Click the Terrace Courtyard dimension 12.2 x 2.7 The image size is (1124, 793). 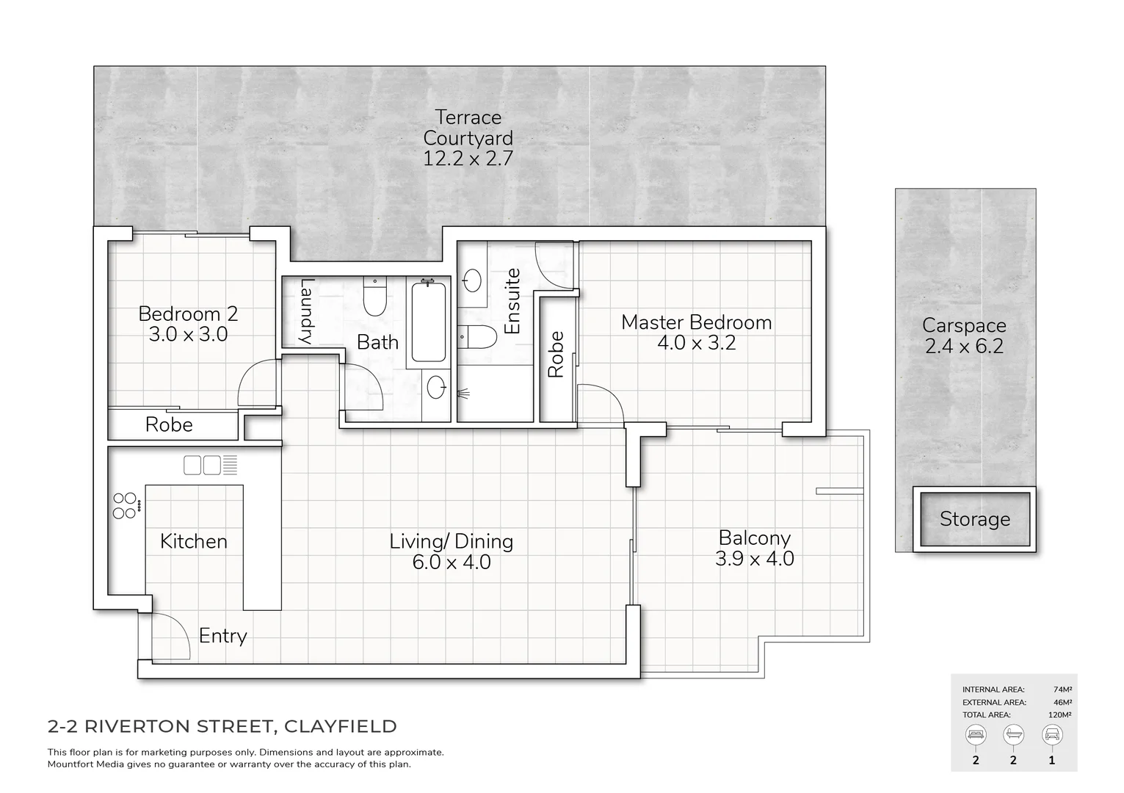[468, 158]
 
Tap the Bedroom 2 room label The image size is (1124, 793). [188, 314]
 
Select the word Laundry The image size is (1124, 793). [308, 312]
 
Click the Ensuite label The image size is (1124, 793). [512, 301]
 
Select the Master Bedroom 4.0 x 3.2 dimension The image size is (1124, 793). [696, 343]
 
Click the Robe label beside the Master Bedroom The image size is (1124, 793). [556, 355]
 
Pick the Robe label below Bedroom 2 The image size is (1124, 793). [169, 424]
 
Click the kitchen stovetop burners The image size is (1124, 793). [125, 505]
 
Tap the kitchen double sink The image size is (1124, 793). [202, 465]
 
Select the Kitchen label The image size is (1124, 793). [194, 541]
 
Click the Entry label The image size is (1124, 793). [222, 635]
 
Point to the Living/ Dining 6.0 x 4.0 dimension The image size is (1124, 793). [452, 562]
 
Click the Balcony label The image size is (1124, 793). [754, 537]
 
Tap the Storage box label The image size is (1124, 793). [974, 519]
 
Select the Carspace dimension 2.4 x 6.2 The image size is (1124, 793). [964, 346]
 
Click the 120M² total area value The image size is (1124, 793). [1059, 714]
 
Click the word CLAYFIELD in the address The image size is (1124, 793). [340, 726]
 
